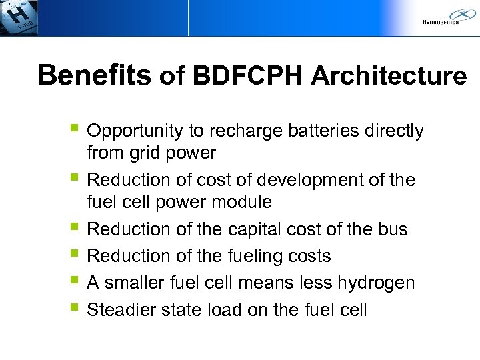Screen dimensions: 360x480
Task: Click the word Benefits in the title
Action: tap(95, 76)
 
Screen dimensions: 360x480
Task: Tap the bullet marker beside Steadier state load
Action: tap(74, 309)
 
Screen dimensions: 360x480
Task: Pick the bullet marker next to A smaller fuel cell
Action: tap(74, 281)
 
